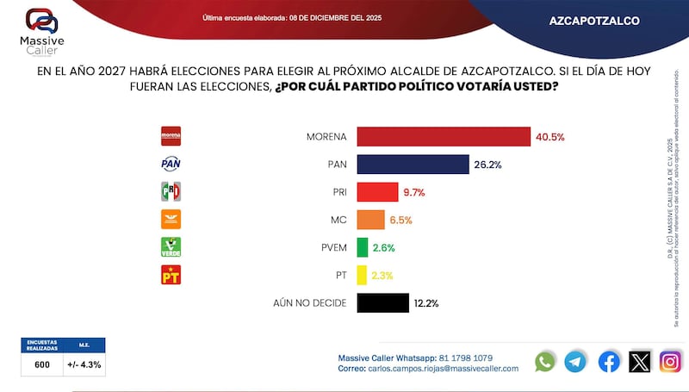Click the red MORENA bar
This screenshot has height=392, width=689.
[x=443, y=137]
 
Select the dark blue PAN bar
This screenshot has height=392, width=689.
[x=413, y=165]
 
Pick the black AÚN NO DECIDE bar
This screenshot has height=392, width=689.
[x=382, y=302]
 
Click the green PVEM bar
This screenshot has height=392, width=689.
[x=362, y=247]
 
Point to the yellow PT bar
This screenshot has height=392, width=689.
[x=362, y=275]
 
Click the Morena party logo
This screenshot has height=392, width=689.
[x=171, y=136]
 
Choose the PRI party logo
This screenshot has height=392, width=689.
[x=171, y=191]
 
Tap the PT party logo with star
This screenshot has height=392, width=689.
[x=171, y=275]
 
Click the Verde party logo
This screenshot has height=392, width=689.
[x=171, y=247]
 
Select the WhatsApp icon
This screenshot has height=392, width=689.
[x=545, y=362]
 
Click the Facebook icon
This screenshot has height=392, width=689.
[x=609, y=362]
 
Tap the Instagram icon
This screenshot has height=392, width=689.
[x=671, y=362]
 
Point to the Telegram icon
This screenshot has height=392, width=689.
[x=575, y=362]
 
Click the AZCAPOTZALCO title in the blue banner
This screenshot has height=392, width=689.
[x=593, y=21]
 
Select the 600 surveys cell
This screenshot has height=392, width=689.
[x=42, y=364]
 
